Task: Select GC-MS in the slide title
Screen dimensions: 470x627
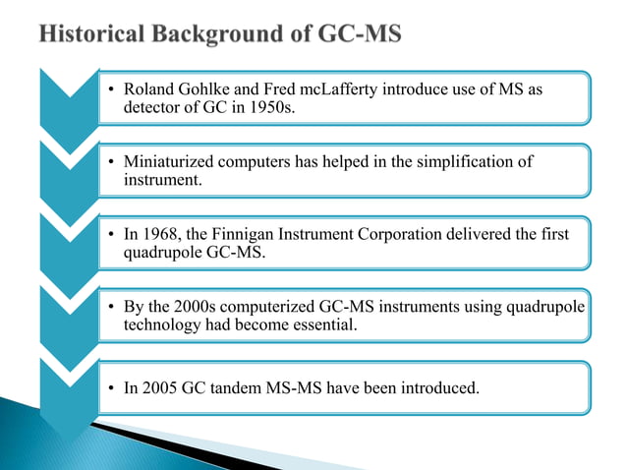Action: (x=365, y=35)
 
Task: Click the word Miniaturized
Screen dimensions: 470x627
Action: (x=169, y=162)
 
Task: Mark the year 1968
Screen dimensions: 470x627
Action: (x=159, y=234)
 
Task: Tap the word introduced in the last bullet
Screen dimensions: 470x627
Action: (x=439, y=387)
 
